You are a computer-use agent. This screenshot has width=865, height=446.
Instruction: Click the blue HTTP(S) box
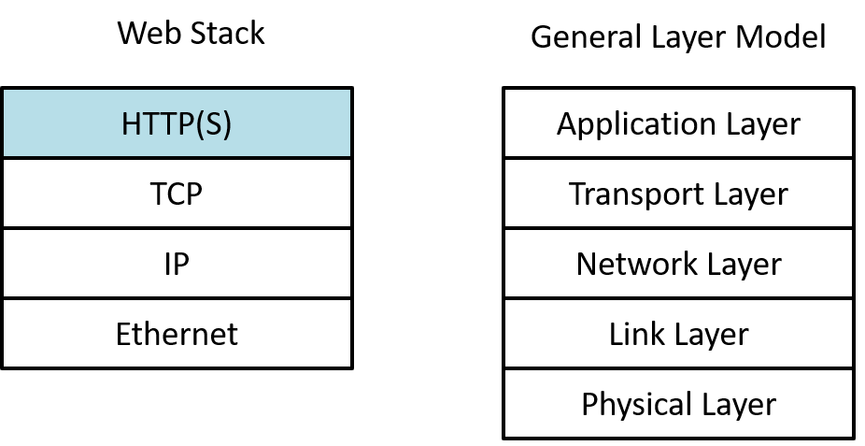[177, 123]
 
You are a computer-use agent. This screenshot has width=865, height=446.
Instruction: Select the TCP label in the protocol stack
[177, 194]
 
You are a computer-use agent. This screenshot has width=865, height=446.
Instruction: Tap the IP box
[177, 264]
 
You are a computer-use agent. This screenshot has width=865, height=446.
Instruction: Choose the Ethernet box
[177, 334]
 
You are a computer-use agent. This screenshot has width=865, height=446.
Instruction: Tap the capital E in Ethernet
[122, 334]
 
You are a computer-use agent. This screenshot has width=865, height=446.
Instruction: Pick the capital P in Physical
[588, 404]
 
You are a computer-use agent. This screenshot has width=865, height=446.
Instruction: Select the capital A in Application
[566, 123]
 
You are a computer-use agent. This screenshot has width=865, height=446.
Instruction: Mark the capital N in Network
[586, 264]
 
